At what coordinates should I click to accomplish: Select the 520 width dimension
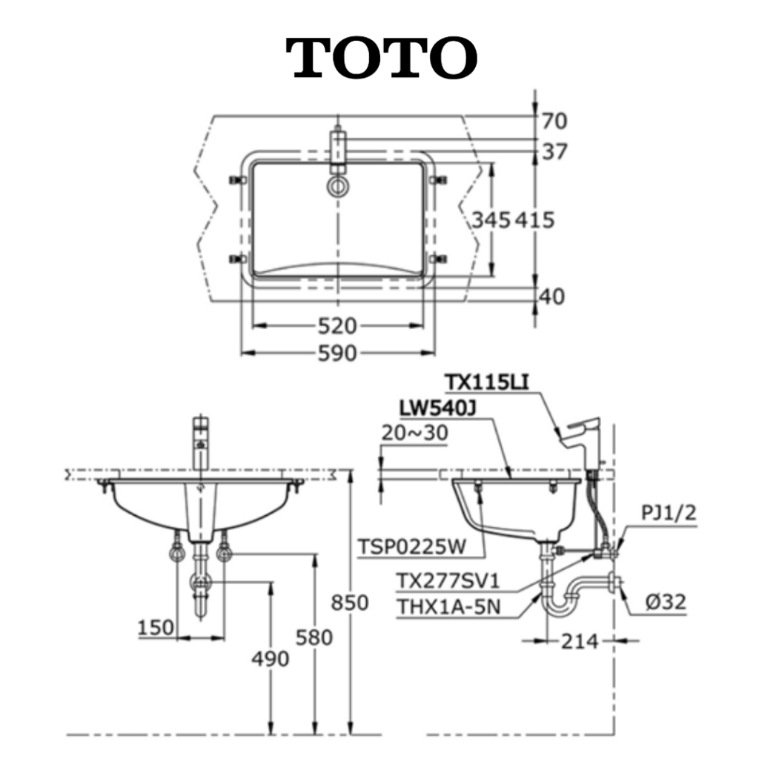[x=337, y=326]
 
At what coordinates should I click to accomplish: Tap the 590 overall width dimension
[x=337, y=354]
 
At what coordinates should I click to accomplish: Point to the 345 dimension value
[x=491, y=220]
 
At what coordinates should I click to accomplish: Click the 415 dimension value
[x=534, y=220]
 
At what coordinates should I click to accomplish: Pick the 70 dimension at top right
[x=554, y=121]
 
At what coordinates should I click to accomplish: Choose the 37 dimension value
[x=554, y=152]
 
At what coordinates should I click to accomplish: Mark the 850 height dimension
[x=350, y=603]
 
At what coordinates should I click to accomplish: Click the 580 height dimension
[x=314, y=637]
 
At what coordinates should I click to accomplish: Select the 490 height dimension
[x=270, y=658]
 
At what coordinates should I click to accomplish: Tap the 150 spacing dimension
[x=156, y=628]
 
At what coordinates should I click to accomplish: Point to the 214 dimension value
[x=580, y=642]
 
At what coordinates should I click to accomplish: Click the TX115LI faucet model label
[x=487, y=382]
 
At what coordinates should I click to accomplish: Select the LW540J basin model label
[x=437, y=408]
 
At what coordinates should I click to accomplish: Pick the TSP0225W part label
[x=412, y=547]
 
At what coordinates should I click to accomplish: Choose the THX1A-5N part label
[x=448, y=606]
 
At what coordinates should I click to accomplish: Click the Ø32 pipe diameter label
[x=666, y=602]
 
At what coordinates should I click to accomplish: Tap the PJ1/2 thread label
[x=669, y=513]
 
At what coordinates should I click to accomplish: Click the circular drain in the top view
[x=338, y=186]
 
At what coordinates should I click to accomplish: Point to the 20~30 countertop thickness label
[x=415, y=433]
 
